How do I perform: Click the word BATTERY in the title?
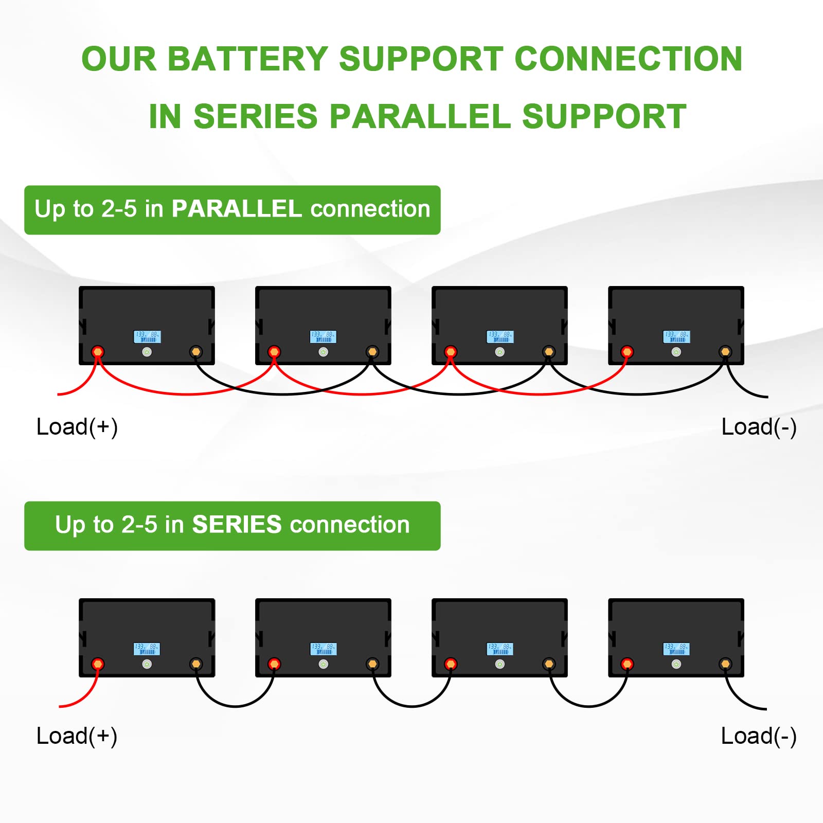click(x=247, y=59)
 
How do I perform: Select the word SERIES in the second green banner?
click(x=237, y=525)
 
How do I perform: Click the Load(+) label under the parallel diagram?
click(x=77, y=427)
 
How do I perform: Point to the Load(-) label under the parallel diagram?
click(x=759, y=427)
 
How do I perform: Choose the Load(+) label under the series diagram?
click(x=77, y=736)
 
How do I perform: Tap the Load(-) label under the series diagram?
click(x=759, y=736)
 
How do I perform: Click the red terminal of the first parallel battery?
click(x=98, y=352)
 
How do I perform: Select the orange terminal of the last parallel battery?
click(x=725, y=352)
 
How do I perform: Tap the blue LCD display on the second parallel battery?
click(x=323, y=337)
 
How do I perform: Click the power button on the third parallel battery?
click(x=499, y=352)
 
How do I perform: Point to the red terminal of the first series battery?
click(x=98, y=664)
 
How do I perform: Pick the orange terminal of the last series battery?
click(x=725, y=664)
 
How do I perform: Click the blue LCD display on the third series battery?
click(x=499, y=649)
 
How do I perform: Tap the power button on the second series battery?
click(x=323, y=665)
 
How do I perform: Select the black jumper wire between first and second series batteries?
click(x=235, y=706)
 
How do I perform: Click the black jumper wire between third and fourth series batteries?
click(x=588, y=706)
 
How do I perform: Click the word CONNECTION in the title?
click(x=628, y=59)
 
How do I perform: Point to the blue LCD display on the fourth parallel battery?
click(x=676, y=337)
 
